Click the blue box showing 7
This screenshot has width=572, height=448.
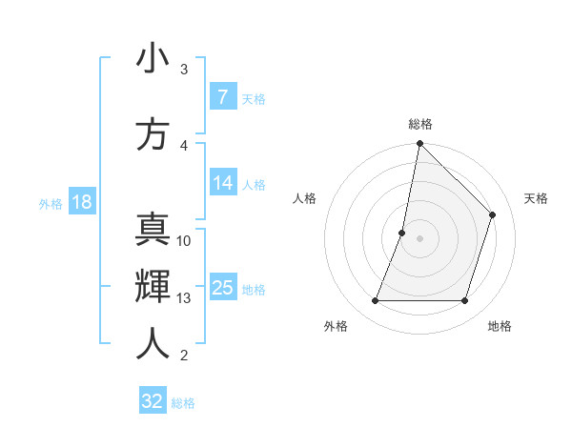coord(222,96)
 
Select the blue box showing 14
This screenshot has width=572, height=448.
coord(222,184)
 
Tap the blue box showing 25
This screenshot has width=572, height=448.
coord(222,287)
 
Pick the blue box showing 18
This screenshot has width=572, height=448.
coord(80,201)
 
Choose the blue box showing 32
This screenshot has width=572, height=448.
coord(152,401)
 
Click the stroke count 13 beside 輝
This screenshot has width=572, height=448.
coord(184,298)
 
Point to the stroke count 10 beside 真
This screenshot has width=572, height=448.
coord(184,240)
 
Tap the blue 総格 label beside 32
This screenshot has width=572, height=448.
coord(183,403)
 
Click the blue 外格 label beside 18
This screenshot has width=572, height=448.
coord(51,203)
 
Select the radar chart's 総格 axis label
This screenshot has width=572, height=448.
coord(420,124)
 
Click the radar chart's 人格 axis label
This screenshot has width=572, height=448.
coord(304,198)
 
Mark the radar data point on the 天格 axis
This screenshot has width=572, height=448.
coord(493,214)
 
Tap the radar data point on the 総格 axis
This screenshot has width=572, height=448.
coord(419,143)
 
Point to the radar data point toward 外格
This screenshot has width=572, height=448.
coord(375,301)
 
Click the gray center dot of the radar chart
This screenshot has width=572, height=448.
coord(419,238)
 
